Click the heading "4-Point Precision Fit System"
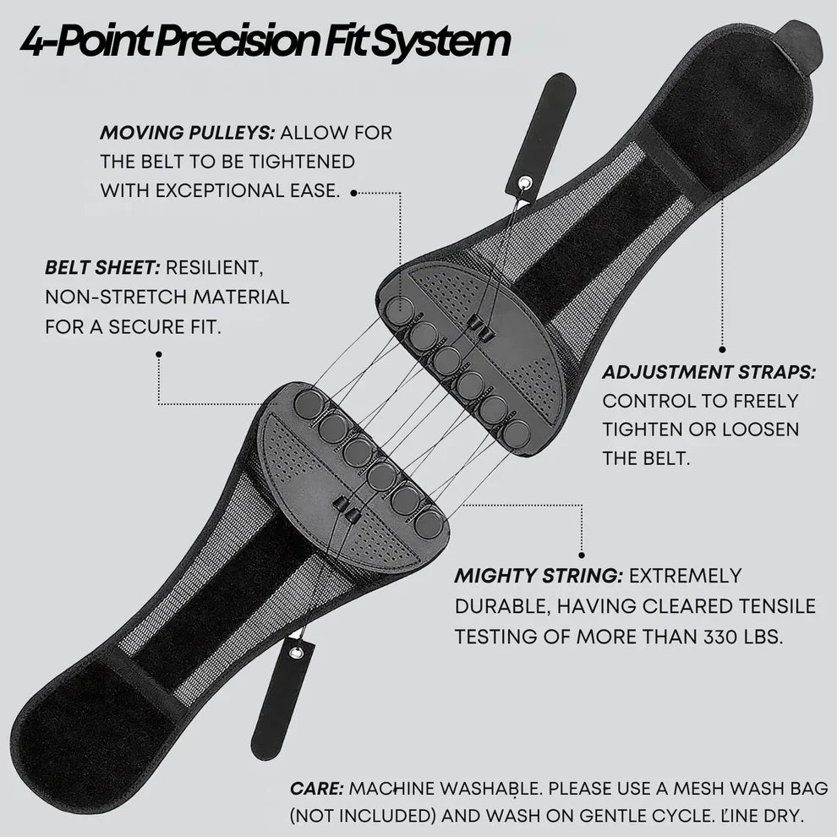click(265, 41)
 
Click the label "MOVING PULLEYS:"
click(186, 133)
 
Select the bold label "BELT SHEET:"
click(101, 268)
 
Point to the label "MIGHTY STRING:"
click(539, 576)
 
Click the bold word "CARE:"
click(316, 788)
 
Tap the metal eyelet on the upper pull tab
click(526, 182)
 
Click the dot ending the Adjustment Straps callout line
click(722, 347)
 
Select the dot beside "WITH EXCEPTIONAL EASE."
click(353, 193)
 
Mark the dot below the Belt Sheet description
click(158, 355)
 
